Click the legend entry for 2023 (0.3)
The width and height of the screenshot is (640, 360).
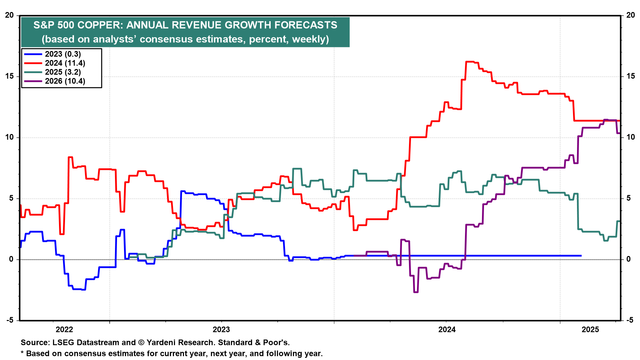pos(63,54)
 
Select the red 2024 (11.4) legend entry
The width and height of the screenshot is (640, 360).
pos(65,63)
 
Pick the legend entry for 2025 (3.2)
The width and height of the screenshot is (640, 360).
pos(63,72)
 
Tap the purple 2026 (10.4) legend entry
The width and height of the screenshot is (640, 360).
pos(65,81)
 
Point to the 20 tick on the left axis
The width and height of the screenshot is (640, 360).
pos(9,15)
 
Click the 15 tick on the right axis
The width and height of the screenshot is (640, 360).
pos(630,76)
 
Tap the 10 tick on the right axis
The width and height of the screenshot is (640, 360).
pos(630,137)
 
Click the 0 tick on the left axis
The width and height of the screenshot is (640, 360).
pos(11,259)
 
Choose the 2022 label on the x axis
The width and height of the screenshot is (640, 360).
pos(64,330)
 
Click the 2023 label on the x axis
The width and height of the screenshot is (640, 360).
pos(221,330)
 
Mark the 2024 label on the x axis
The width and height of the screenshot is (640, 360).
pos(447,330)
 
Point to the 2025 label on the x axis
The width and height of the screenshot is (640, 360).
pos(590,330)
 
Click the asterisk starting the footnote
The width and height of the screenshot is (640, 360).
pos(22,353)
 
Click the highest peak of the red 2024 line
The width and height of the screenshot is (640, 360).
pos(470,62)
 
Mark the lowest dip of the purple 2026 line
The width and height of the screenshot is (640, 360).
pos(416,292)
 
